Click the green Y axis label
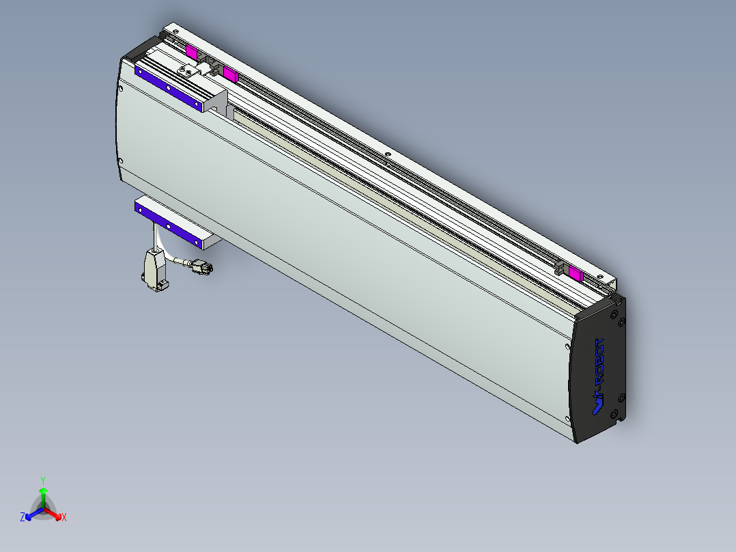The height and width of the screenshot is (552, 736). [x=43, y=480]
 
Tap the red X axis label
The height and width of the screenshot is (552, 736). [x=64, y=518]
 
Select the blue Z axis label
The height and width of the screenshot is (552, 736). [x=23, y=517]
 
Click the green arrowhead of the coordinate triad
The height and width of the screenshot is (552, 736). [x=43, y=491]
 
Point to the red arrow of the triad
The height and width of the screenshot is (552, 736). [x=55, y=513]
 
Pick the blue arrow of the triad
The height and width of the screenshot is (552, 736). [x=32, y=513]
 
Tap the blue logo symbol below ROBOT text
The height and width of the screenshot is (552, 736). [x=597, y=404]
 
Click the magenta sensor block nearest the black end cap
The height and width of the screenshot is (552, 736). [x=576, y=275]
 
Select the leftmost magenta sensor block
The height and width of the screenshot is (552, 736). [x=192, y=53]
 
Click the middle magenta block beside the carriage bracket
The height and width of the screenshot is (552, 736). [x=229, y=74]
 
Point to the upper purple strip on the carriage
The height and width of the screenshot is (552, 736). [x=169, y=87]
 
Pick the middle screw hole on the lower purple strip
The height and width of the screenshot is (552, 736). [x=168, y=225]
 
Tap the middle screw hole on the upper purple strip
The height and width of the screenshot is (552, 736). [x=168, y=87]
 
